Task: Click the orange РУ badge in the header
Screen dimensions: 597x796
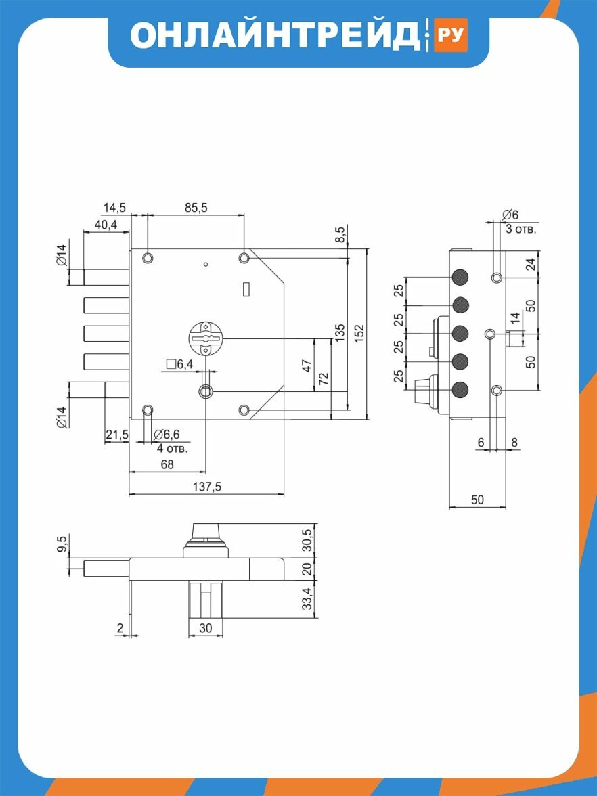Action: coord(450,35)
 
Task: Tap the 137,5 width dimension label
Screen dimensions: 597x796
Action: coord(207,486)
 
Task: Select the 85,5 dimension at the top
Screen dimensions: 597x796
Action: coord(196,207)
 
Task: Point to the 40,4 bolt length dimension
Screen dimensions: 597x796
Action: coord(104,225)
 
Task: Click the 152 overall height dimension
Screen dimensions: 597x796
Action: coord(359,334)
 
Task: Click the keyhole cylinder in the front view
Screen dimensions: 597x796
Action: coord(205,337)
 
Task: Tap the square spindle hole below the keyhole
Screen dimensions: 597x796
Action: coord(205,391)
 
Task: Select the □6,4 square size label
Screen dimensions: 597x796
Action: coord(180,364)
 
